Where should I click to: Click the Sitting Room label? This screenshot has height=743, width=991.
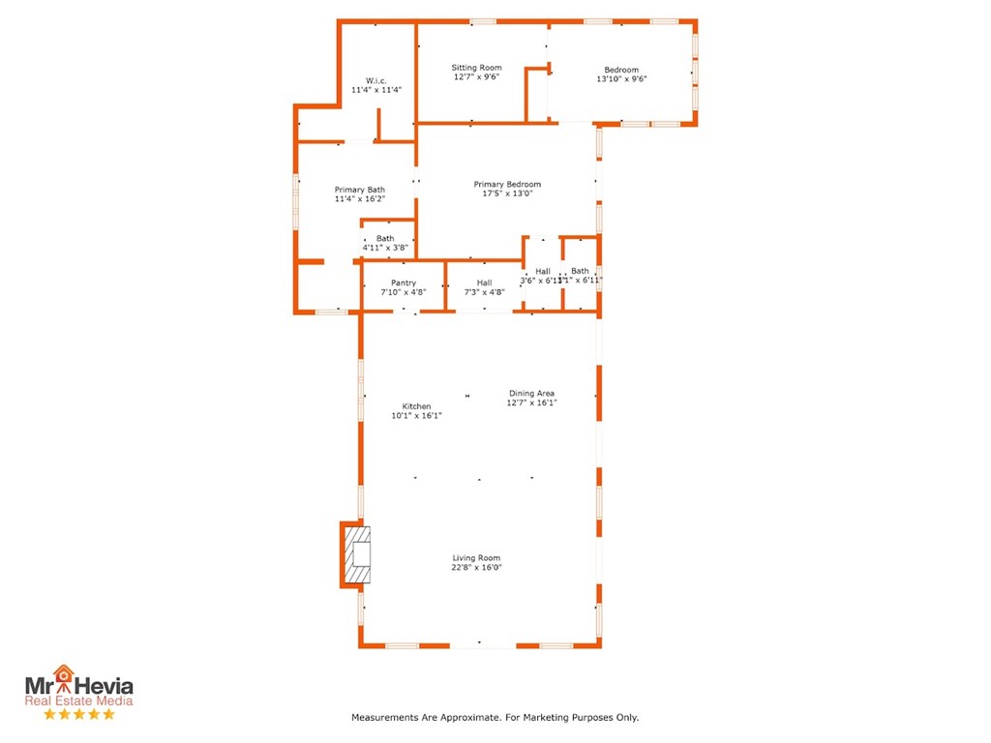click(476, 68)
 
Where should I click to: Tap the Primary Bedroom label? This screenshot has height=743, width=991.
click(507, 184)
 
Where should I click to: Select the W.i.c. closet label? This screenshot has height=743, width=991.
click(376, 79)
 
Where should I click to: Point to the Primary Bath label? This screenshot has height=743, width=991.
click(360, 190)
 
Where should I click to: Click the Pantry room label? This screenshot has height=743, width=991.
click(404, 282)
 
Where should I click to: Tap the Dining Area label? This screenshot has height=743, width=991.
click(532, 393)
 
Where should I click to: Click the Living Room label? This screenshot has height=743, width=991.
click(476, 558)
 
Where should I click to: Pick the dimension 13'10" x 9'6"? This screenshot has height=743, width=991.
click(621, 79)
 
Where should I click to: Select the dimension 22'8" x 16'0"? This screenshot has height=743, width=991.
click(476, 568)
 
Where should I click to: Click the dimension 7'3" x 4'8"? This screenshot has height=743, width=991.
click(484, 291)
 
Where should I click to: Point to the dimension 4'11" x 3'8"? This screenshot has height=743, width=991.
click(385, 248)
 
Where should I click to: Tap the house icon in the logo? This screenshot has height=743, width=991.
click(64, 673)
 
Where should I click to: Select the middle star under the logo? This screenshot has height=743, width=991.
click(79, 714)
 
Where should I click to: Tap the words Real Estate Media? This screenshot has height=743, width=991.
click(79, 701)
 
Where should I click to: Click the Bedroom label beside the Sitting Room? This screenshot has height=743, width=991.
click(621, 70)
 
